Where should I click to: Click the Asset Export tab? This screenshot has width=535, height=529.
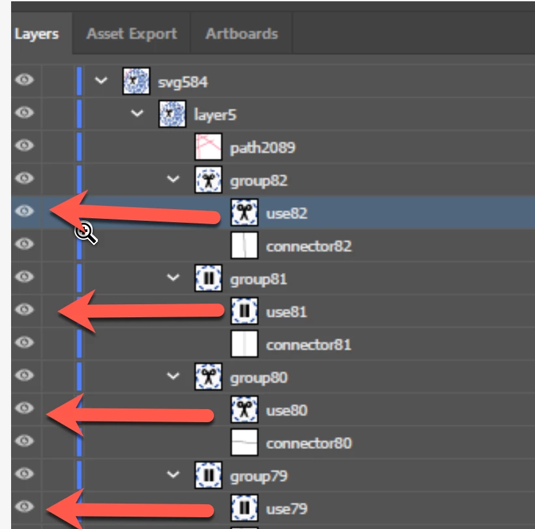pyautogui.click(x=132, y=34)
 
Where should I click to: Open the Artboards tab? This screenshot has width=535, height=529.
pyautogui.click(x=241, y=34)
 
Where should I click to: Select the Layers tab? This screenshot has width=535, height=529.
pyautogui.click(x=37, y=34)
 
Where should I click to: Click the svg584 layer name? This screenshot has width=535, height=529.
pyautogui.click(x=183, y=82)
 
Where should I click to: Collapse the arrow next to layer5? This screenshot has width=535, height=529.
pyautogui.click(x=137, y=113)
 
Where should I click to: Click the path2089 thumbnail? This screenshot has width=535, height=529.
pyautogui.click(x=209, y=147)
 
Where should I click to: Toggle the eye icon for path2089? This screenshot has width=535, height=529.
pyautogui.click(x=24, y=145)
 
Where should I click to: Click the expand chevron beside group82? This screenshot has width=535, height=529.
pyautogui.click(x=173, y=179)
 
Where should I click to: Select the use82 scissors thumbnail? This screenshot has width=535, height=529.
pyautogui.click(x=244, y=212)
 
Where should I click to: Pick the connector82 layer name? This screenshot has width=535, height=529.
pyautogui.click(x=309, y=246)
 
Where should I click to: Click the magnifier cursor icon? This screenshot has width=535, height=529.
pyautogui.click(x=86, y=233)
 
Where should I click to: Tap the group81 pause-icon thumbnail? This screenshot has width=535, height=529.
pyautogui.click(x=209, y=278)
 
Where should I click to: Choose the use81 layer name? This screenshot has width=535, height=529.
pyautogui.click(x=286, y=312)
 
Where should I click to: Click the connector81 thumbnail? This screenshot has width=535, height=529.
pyautogui.click(x=244, y=344)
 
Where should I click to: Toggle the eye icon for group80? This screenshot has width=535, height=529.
pyautogui.click(x=24, y=375)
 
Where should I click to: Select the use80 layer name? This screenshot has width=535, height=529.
pyautogui.click(x=286, y=410)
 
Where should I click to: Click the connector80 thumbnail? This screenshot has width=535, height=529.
pyautogui.click(x=244, y=442)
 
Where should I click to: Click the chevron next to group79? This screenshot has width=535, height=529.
pyautogui.click(x=173, y=474)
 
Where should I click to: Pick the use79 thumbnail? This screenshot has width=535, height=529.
pyautogui.click(x=244, y=508)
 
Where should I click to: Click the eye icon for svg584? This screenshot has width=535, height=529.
pyautogui.click(x=24, y=79)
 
